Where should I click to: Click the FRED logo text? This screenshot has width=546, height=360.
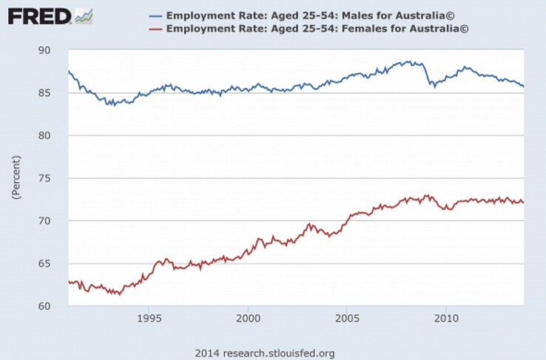click(x=39, y=15)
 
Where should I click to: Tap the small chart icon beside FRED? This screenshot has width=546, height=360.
click(x=84, y=15)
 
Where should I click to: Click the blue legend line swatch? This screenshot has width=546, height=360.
click(x=155, y=16)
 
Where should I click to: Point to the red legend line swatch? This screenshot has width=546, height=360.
click(x=155, y=29)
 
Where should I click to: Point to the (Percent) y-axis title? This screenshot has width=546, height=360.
click(x=16, y=177)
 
